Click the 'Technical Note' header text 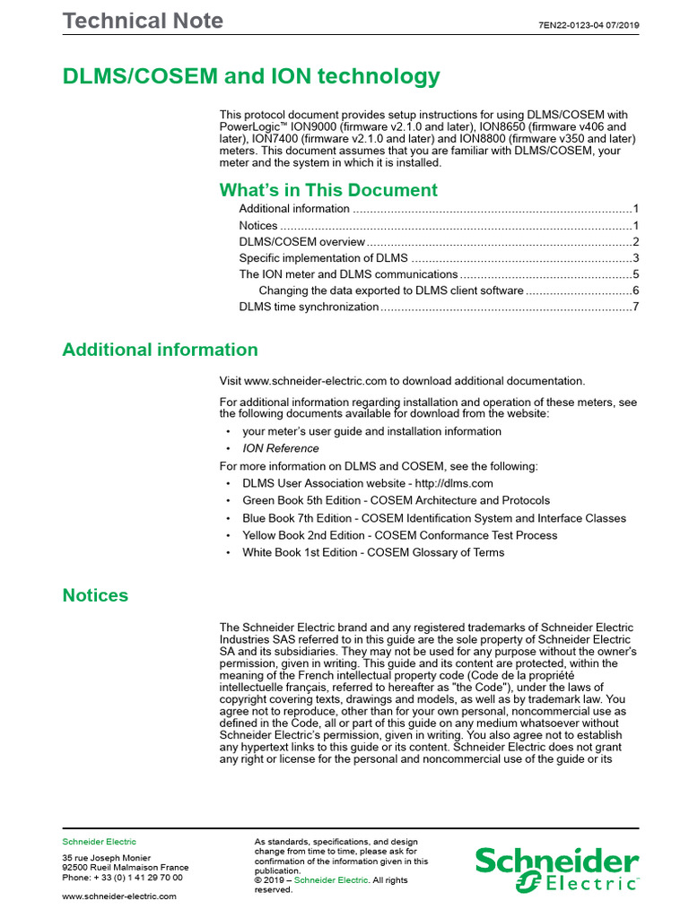[x=143, y=21]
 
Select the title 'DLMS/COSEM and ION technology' [x=251, y=76]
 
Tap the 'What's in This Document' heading [x=328, y=190]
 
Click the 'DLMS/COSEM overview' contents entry [x=301, y=242]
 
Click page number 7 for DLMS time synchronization [x=634, y=307]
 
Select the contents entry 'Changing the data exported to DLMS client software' [x=390, y=290]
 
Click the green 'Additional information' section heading [x=160, y=350]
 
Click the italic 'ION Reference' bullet [x=280, y=448]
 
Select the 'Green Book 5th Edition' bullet [x=396, y=500]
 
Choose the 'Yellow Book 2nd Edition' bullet [x=399, y=535]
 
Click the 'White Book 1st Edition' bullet [x=372, y=552]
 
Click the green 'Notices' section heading [x=95, y=595]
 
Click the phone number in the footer [x=122, y=879]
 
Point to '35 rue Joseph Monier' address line [x=106, y=858]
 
